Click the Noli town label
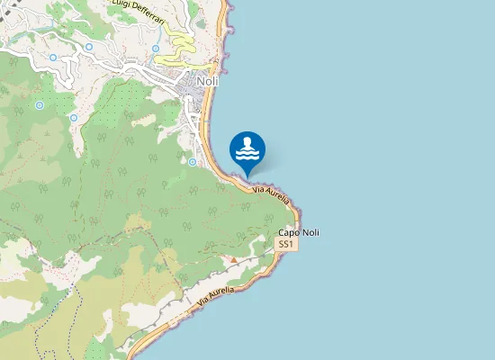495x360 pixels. point(207,81)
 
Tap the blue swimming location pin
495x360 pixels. point(247,150)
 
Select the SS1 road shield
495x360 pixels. point(285,245)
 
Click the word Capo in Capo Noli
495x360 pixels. point(289,233)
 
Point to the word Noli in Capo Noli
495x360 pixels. point(310,233)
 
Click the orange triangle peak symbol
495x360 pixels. point(234,260)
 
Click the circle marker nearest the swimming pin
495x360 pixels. point(193,162)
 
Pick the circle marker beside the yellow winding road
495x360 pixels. point(156,49)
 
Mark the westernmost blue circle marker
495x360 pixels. point(39,105)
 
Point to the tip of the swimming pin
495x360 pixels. point(247,176)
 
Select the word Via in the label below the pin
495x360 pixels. point(258,188)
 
